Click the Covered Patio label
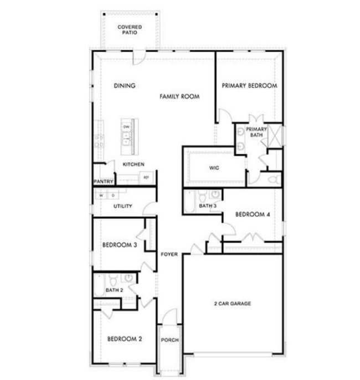[130, 30]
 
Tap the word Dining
[125, 86]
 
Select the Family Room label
[179, 96]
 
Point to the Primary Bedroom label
[249, 86]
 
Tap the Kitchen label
[133, 164]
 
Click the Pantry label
[104, 181]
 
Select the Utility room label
[122, 206]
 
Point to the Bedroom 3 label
[120, 245]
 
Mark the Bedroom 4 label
[253, 215]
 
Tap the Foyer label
[169, 254]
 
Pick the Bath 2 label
[114, 290]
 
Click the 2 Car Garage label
[233, 304]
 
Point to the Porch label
[169, 340]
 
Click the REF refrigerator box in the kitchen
[146, 177]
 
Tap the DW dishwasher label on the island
[127, 127]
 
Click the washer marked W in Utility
[101, 195]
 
